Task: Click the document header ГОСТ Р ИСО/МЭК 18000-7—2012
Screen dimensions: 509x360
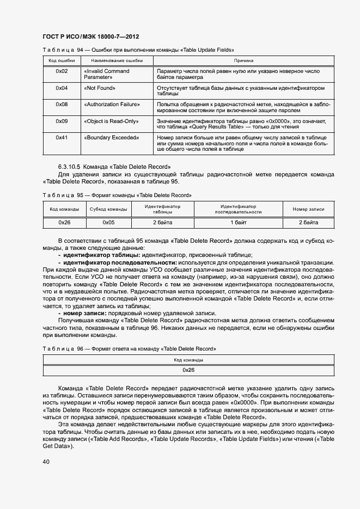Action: (90, 36)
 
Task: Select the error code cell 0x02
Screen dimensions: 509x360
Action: (62, 71)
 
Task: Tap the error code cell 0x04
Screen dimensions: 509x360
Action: (62, 88)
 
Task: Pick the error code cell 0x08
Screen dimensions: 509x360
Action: (62, 104)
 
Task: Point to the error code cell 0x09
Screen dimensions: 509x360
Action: (62, 121)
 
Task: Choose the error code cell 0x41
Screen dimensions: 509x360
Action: (62, 138)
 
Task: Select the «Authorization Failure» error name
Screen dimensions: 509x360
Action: (112, 104)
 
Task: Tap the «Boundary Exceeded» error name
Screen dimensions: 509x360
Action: (111, 138)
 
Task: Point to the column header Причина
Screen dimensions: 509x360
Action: (243, 60)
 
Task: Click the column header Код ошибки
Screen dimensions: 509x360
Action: (62, 60)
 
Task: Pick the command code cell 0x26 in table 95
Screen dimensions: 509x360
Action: (65, 223)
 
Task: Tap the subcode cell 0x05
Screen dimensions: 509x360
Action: (108, 223)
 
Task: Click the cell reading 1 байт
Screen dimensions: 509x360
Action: (239, 223)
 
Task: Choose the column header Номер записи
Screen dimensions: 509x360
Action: (308, 209)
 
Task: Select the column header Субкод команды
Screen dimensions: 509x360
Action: (108, 209)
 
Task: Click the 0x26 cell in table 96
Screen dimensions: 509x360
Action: (188, 370)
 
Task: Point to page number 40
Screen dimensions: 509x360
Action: (46, 462)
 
